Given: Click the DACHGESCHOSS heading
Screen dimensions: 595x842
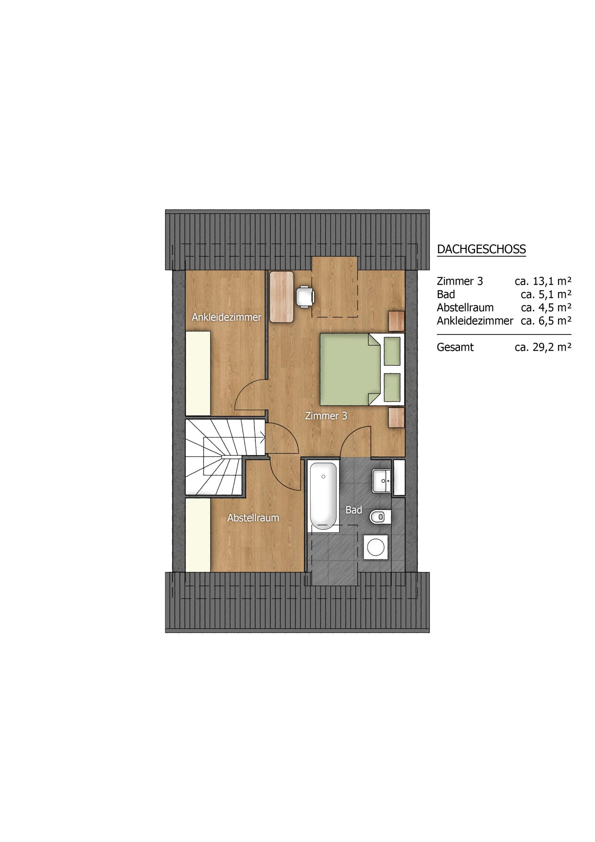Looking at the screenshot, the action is tap(481, 249).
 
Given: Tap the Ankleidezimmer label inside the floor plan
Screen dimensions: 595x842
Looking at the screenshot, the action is tap(226, 317).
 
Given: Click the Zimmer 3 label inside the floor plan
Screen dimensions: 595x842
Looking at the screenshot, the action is tap(326, 416).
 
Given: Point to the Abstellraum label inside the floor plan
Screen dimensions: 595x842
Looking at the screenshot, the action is tap(253, 518).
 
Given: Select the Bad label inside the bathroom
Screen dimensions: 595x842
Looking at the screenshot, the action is tap(354, 510).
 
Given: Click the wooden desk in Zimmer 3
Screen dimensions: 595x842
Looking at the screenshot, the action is tap(282, 296).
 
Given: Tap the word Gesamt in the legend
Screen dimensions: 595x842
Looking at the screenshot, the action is tap(455, 347).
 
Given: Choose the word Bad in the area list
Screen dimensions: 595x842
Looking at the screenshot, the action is tap(446, 294).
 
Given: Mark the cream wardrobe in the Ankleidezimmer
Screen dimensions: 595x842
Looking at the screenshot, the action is tap(198, 373).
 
